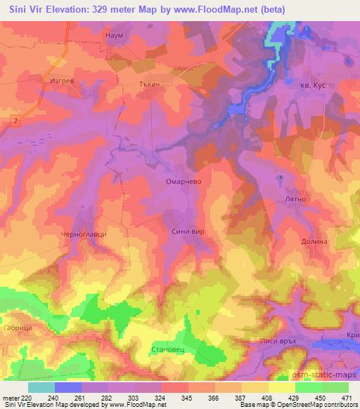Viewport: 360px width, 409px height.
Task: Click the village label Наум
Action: [114, 34]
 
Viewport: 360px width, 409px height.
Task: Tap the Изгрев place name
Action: [63, 82]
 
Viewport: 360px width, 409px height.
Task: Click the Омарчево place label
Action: [184, 180]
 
